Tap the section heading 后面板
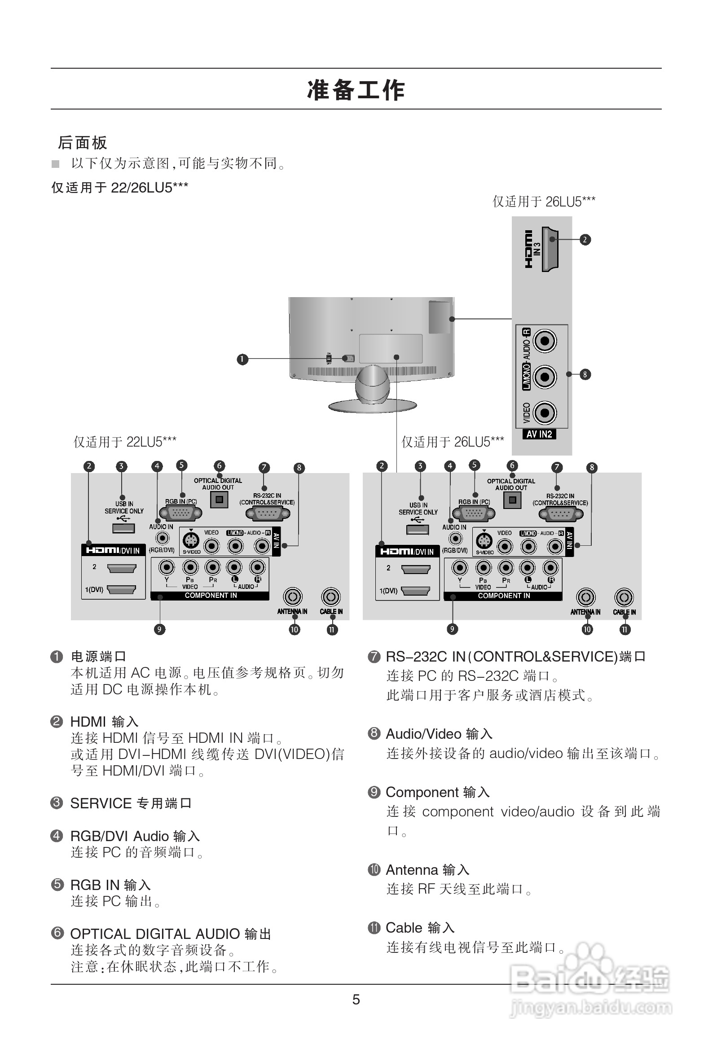tap(83, 142)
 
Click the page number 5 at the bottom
tap(356, 999)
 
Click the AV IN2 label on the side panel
tap(539, 434)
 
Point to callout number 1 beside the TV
tap(242, 359)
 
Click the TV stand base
tap(372, 405)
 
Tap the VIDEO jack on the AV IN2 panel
tap(545, 412)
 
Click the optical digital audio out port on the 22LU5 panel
tap(219, 500)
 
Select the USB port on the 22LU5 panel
tap(123, 528)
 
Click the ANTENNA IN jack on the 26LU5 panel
tap(585, 597)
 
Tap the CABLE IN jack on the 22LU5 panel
tap(331, 596)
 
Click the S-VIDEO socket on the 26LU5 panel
tap(484, 541)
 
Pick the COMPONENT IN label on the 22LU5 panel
tap(210, 595)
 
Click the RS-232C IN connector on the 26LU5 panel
tap(560, 513)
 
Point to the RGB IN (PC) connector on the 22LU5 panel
tap(181, 513)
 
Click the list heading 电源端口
tap(98, 656)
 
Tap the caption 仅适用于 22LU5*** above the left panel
tap(124, 442)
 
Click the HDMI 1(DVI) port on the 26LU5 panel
tap(415, 590)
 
